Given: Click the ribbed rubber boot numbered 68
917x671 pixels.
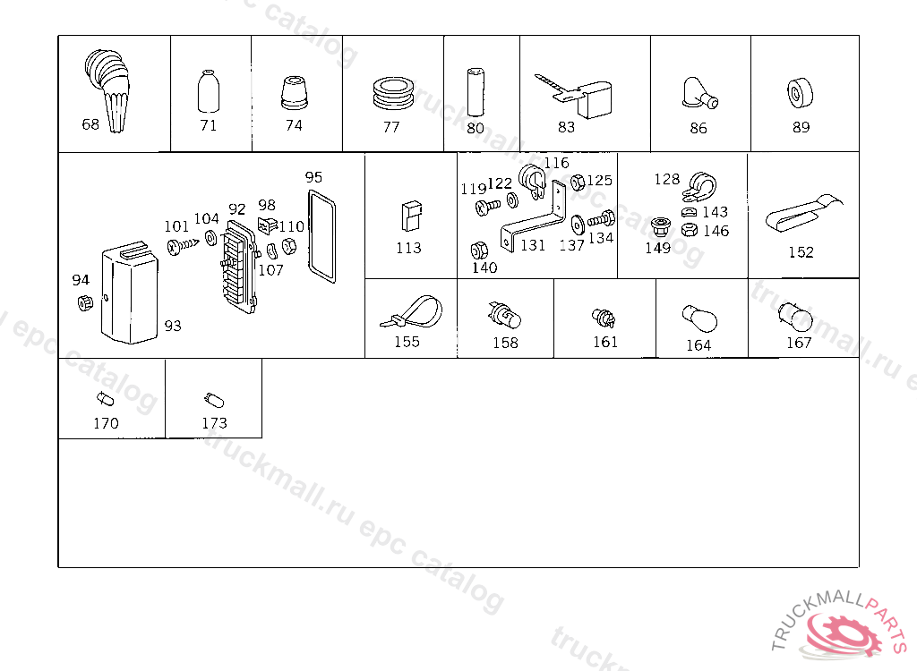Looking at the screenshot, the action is (108, 88).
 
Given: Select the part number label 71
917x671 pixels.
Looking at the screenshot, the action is (208, 125).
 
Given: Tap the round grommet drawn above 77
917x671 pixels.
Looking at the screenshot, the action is (393, 92).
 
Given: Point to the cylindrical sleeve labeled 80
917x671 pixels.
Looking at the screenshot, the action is (475, 92).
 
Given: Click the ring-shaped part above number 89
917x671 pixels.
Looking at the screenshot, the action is (800, 94).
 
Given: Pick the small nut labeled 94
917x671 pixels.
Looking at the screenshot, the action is (85, 302).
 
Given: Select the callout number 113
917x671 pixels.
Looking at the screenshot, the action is (408, 249).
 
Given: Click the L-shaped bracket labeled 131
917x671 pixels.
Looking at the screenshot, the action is (533, 220).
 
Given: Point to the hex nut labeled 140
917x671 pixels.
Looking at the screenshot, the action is (479, 251).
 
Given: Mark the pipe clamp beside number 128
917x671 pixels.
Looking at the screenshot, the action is (700, 186).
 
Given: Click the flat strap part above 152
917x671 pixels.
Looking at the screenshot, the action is (803, 213).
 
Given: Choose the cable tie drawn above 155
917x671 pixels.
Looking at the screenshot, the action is (412, 313).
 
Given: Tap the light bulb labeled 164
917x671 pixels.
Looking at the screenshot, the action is (698, 318).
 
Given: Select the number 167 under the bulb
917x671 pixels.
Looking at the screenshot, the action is (798, 343).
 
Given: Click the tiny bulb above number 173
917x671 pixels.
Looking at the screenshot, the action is (214, 401).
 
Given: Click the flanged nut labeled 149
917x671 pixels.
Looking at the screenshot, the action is (660, 227).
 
